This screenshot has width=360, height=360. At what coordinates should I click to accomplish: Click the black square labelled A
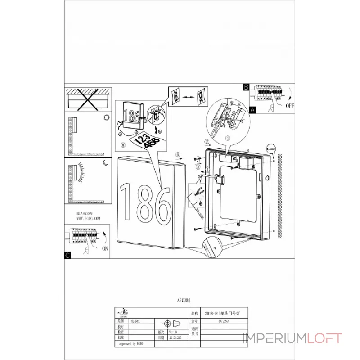252,109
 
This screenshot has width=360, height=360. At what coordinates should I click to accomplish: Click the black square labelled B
246,87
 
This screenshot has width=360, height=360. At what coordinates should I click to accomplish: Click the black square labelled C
67,256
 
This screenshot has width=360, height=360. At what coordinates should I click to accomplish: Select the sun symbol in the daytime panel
107,117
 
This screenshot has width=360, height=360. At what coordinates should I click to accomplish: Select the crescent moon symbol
104,163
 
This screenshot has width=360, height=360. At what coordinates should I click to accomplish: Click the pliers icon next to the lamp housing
199,193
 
